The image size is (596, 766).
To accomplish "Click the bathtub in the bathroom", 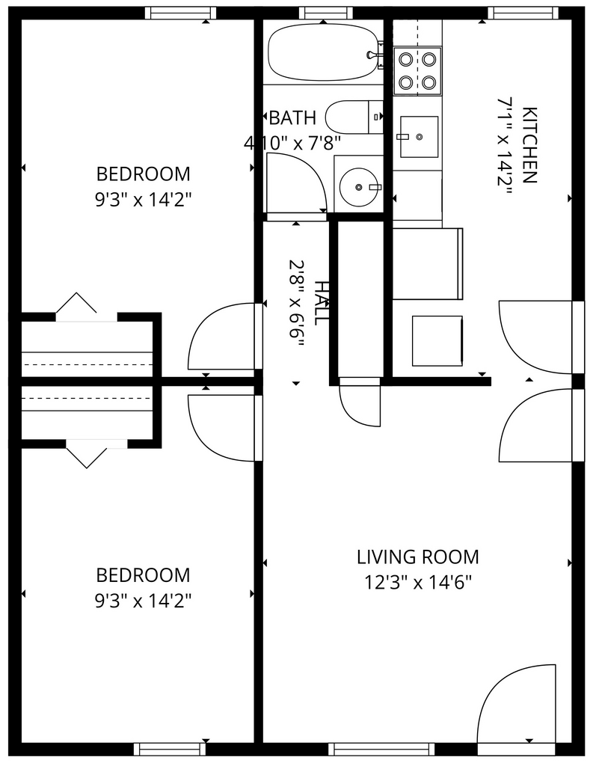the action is coord(323,52).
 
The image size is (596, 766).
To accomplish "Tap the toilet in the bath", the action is coord(354,117).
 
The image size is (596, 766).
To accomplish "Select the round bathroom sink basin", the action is coord(360,187).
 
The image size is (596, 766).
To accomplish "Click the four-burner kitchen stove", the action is coord(417,70).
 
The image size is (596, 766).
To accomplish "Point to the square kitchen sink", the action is coord(420,137).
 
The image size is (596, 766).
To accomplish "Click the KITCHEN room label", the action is coord(530,144).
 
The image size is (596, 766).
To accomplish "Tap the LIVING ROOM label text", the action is coord(418,557).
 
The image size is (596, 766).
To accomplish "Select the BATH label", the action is coord(292,117).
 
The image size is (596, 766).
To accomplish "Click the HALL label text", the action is coord(321,303).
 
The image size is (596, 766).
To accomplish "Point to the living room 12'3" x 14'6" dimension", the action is coord(418,582).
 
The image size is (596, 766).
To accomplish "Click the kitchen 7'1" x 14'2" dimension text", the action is coord(505,146).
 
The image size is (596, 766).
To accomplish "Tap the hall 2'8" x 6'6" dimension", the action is coord(296,304).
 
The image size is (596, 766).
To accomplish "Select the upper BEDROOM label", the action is coord(143,174).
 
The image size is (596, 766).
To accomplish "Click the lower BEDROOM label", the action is coord(143,575).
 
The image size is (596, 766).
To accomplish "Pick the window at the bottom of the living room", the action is coord(381,749).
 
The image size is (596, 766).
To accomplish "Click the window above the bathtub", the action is coord(325,13).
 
